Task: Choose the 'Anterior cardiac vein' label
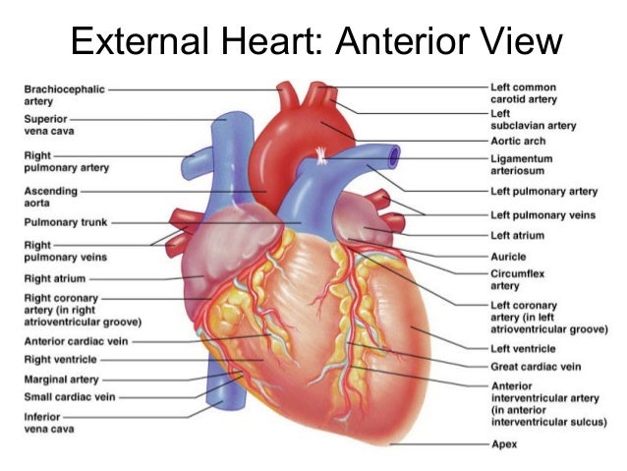point(74,341)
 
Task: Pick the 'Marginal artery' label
point(60,379)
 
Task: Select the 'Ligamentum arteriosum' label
point(521,163)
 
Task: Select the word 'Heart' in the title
point(278,42)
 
